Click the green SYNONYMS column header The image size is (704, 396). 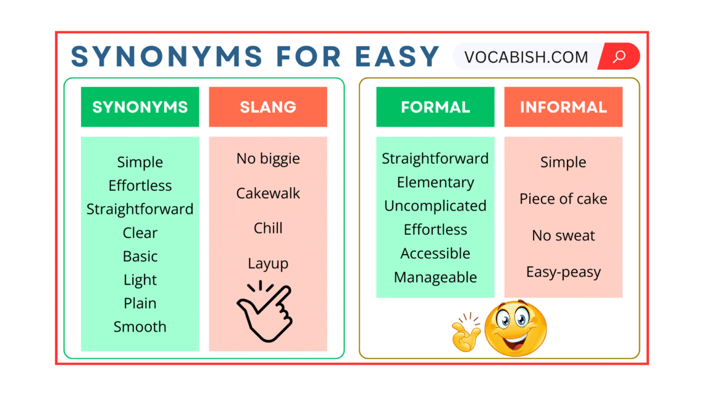140,107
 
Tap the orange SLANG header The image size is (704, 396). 267,107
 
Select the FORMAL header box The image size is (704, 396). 435,107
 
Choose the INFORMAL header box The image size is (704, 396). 563,107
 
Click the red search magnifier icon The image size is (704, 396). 619,57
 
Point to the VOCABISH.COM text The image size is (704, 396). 526,57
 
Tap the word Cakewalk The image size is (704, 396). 268,193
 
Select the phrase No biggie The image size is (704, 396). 268,158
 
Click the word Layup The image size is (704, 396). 268,264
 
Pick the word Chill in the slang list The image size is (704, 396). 268,229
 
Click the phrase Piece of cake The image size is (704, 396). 563,199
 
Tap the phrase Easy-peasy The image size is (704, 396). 563,272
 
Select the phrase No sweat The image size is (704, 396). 563,235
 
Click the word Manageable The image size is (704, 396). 435,277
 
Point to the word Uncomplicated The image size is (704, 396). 435,206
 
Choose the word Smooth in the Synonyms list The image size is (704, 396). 140,327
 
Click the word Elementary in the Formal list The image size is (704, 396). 435,183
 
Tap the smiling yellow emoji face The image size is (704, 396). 515,327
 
